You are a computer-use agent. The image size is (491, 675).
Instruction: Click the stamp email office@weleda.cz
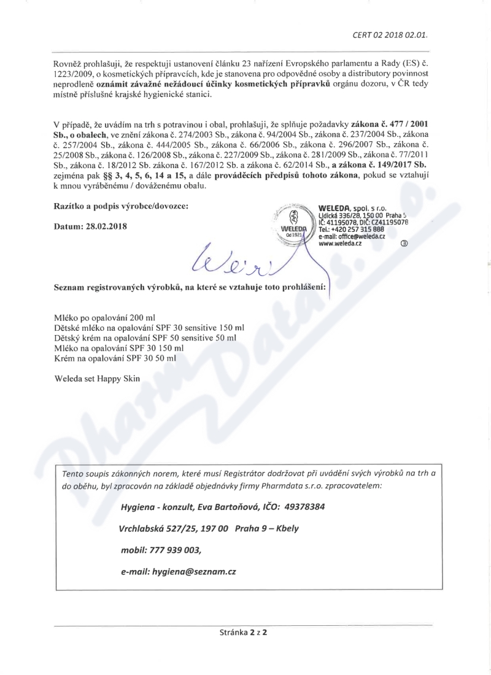click(x=352, y=237)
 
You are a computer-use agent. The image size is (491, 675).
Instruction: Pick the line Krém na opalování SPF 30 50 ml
click(x=115, y=357)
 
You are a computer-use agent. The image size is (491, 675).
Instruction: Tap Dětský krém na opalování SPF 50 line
click(x=145, y=337)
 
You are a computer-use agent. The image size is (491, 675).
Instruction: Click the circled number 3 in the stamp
click(x=403, y=243)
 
